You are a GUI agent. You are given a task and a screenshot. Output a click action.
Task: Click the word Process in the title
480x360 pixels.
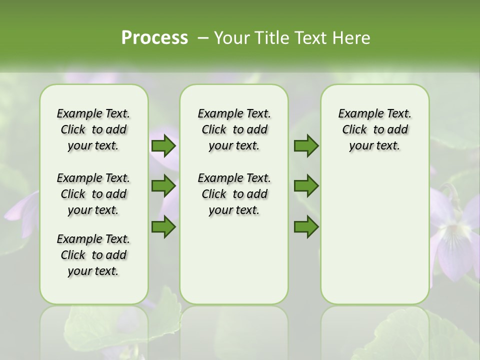coord(154,38)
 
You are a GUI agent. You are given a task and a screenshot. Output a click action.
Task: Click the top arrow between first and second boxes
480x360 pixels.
coord(163,146)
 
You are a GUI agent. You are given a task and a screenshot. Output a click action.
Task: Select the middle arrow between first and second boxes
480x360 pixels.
coord(163,186)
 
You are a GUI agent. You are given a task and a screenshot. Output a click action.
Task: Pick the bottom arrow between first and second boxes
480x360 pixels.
coord(163,227)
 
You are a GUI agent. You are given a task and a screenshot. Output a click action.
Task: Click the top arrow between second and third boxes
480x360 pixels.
coord(306,146)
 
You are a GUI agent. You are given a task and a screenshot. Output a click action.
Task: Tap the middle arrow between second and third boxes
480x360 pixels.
coord(306,186)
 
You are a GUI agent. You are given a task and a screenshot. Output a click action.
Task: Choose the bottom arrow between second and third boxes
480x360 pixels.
coord(306,227)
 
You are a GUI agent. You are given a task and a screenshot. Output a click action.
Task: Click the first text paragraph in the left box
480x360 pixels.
coord(93,129)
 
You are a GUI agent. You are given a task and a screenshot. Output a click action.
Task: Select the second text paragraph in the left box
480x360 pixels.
coord(93,194)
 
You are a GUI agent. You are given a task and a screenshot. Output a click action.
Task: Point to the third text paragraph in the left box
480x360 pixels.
coord(93,255)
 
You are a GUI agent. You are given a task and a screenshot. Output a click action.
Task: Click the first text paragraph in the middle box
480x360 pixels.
coord(234,129)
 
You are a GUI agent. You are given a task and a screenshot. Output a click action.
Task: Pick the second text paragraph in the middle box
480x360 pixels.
coord(234,194)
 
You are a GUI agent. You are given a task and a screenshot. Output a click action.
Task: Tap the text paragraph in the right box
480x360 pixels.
coord(375,129)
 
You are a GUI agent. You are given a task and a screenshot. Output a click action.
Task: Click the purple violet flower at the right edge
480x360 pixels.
coord(455,240)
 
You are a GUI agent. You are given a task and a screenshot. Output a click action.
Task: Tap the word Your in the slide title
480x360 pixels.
coord(229,38)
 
